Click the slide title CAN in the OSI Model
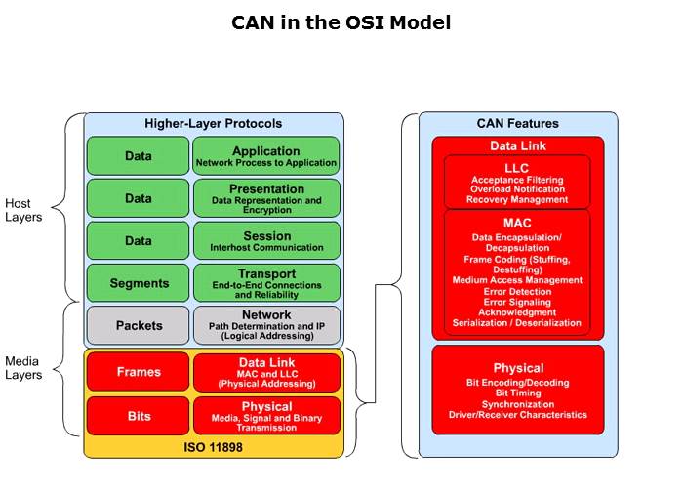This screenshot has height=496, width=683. click(341, 22)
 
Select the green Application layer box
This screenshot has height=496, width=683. click(265, 156)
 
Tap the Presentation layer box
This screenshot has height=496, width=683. click(265, 198)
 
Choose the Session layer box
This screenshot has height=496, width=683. click(265, 240)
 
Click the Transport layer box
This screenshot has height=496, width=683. click(265, 282)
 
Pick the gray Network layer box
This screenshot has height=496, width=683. click(265, 325)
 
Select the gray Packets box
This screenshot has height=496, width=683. click(138, 325)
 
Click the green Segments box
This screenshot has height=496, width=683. click(138, 283)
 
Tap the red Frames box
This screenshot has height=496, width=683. click(138, 372)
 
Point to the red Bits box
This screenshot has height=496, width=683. click(138, 415)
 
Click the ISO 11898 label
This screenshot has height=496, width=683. click(214, 447)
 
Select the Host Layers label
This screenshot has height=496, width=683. click(24, 210)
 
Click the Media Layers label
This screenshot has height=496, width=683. click(24, 368)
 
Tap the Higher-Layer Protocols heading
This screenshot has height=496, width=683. click(213, 124)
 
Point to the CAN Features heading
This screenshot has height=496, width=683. click(517, 124)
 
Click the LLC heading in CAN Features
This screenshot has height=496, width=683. click(517, 168)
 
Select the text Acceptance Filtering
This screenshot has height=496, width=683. click(517, 181)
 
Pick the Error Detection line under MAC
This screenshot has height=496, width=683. click(517, 291)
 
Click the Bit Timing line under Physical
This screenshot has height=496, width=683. click(517, 393)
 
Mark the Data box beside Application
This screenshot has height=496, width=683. click(138, 156)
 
